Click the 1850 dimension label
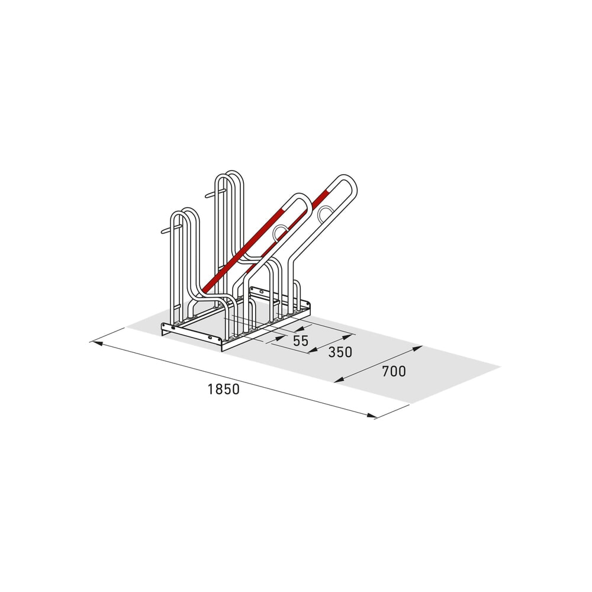(x=224, y=389)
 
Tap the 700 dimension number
(x=394, y=371)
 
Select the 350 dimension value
(x=340, y=352)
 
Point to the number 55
(x=301, y=340)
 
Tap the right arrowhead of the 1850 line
(x=371, y=416)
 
